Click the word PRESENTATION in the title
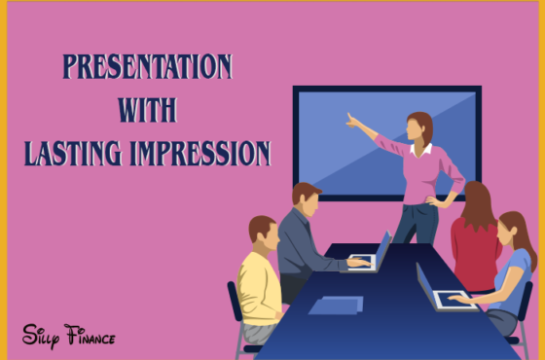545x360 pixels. pyautogui.click(x=147, y=67)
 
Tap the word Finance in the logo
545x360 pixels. pyautogui.click(x=90, y=336)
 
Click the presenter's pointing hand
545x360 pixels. pyautogui.click(x=351, y=121)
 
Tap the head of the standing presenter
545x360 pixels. pyautogui.click(x=419, y=126)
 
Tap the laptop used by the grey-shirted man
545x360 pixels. pyautogui.click(x=380, y=253)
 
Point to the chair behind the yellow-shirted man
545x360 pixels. pyautogui.click(x=236, y=311)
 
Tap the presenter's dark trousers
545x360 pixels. pyautogui.click(x=417, y=224)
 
